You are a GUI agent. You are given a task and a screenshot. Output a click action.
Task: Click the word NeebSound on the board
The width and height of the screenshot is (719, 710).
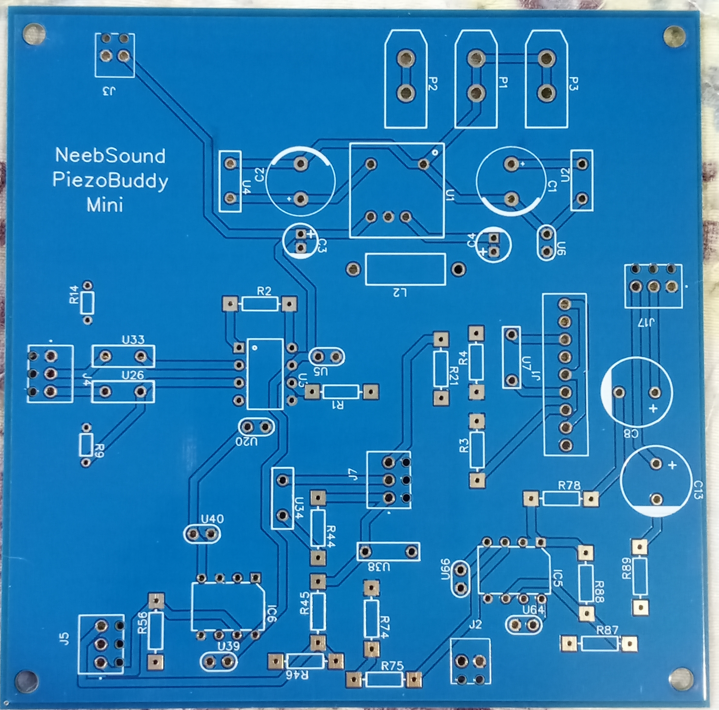pos(110,156)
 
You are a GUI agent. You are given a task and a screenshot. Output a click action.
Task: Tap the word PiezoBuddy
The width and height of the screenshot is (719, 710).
pos(110,181)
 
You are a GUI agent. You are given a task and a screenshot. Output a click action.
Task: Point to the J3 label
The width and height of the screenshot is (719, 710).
pos(108,91)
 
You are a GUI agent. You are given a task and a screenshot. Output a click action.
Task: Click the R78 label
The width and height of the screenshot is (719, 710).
pos(569,486)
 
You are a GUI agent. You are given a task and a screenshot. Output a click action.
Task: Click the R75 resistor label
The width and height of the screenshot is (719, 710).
pos(392,666)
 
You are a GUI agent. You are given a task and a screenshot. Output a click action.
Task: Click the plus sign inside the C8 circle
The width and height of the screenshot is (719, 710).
pos(653,409)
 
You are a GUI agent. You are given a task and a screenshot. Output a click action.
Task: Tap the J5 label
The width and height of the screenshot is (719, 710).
pos(65,641)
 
